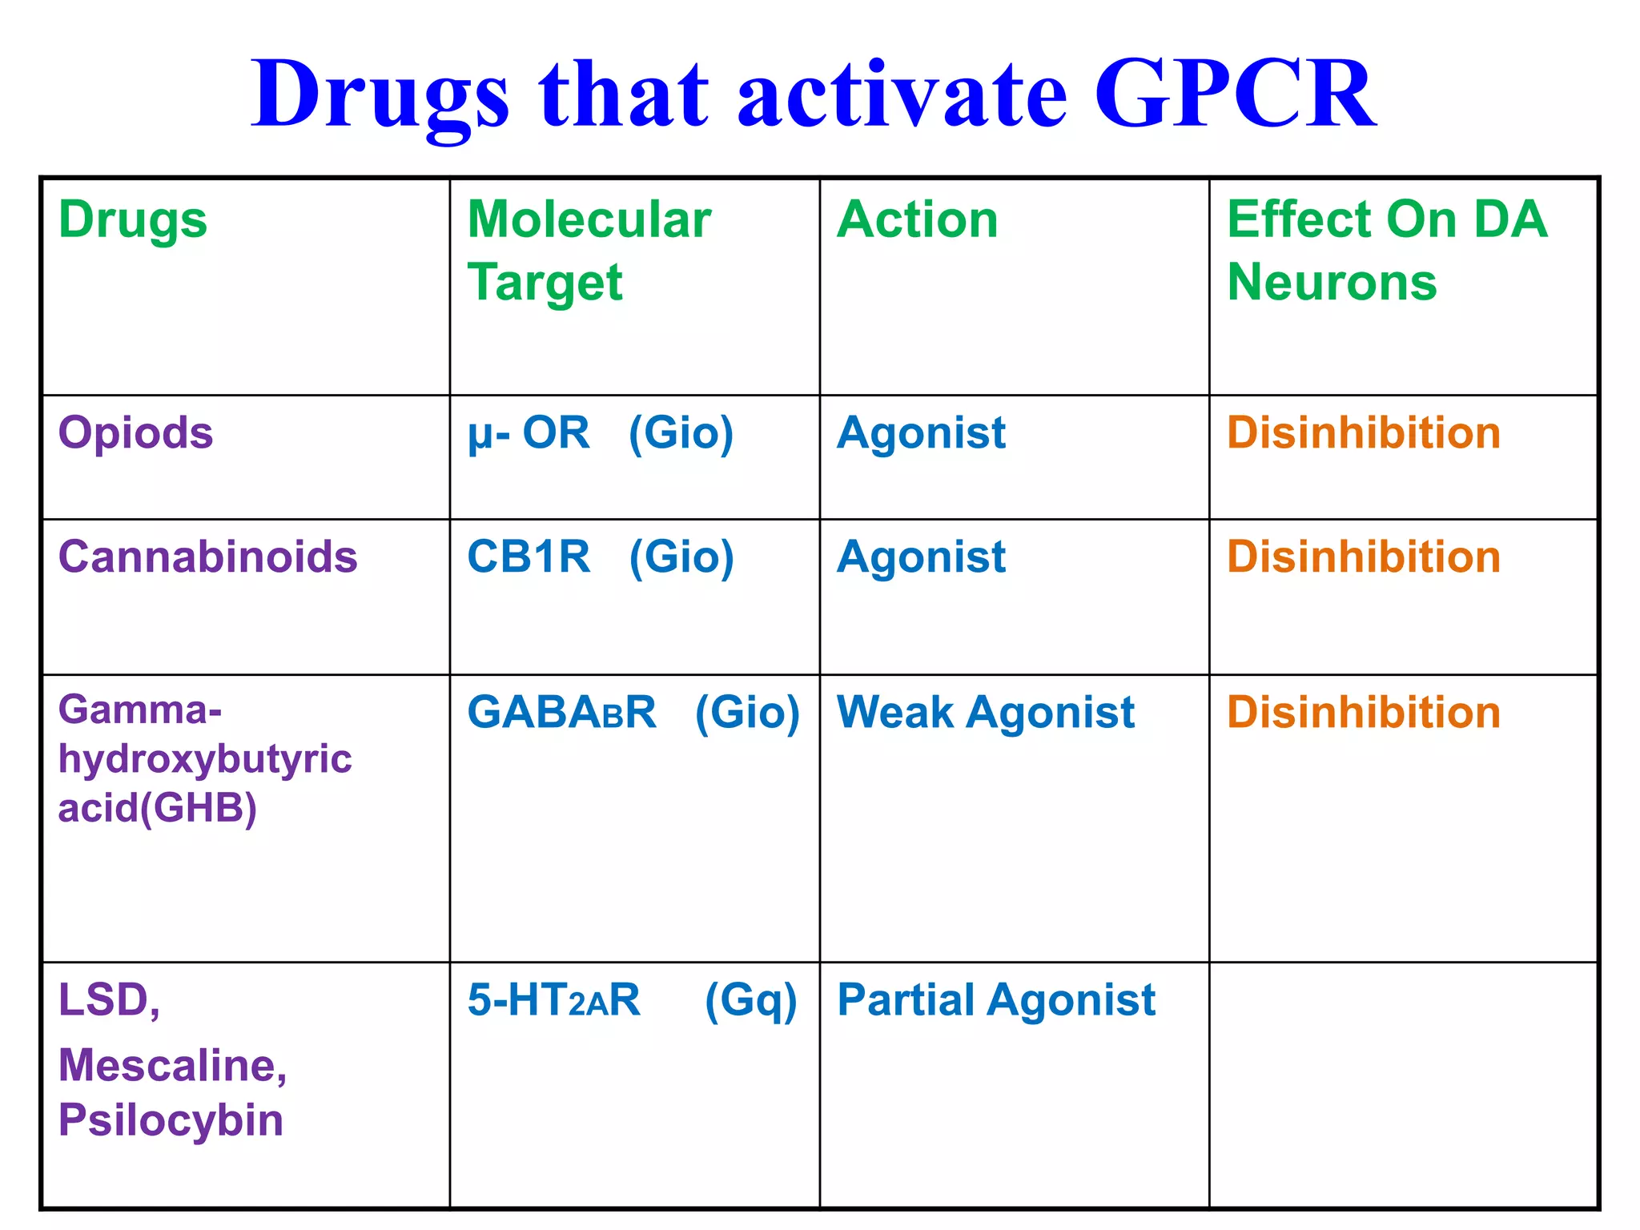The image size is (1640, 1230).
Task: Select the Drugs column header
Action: (133, 219)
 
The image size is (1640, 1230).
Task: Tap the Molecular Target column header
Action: (589, 250)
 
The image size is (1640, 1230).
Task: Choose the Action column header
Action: (918, 219)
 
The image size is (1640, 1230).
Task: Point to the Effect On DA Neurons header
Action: (1387, 250)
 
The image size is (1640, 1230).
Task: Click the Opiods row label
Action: (135, 433)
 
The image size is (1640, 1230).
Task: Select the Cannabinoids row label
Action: (207, 557)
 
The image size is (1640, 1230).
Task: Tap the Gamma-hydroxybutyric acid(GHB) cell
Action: (204, 758)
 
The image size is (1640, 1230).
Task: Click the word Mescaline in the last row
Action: (172, 1066)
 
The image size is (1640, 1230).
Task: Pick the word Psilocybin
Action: (171, 1119)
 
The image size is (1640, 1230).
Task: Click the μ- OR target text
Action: (529, 433)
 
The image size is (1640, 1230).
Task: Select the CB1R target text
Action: (529, 557)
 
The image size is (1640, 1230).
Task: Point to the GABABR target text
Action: (561, 712)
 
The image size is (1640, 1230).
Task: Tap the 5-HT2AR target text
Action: (553, 999)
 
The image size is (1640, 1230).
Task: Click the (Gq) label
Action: (750, 1001)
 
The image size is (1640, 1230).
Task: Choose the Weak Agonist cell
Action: (985, 712)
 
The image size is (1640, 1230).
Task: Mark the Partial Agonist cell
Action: (995, 999)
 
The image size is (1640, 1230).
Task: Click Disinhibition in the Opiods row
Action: (1363, 433)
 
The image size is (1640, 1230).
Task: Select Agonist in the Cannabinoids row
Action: (921, 557)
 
